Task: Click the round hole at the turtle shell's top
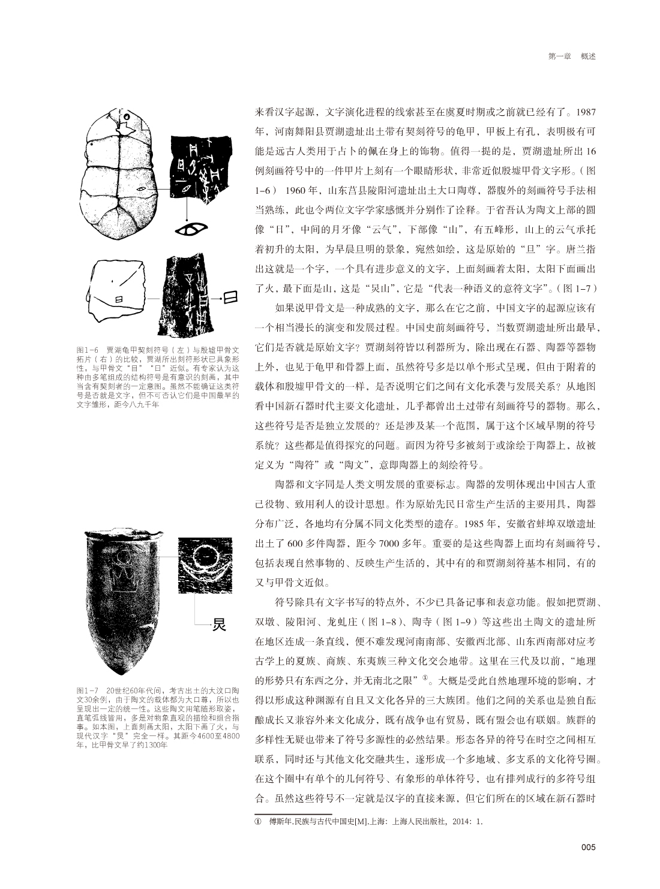coord(127,116)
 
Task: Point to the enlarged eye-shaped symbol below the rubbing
coord(190,230)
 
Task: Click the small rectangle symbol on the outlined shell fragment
coord(119,299)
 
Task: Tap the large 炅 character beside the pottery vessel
coord(219,624)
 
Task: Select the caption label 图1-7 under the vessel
coord(88,691)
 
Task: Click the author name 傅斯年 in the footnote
coord(273,822)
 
